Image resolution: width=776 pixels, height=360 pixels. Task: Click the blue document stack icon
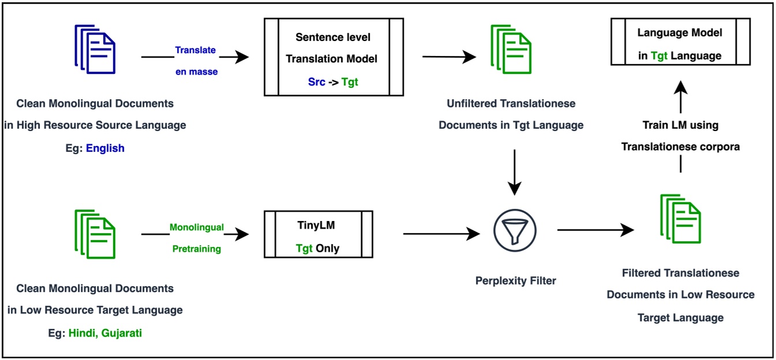click(95, 50)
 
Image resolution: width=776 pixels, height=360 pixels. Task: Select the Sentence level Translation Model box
click(333, 57)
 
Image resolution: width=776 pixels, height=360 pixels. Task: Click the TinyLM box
click(318, 234)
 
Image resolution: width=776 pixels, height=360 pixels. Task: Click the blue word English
click(105, 148)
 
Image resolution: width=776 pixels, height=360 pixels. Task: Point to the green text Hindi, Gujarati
click(105, 332)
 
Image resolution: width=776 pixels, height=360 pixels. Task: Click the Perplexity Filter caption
click(516, 281)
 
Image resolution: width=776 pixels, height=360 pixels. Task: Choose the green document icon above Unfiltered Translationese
click(511, 50)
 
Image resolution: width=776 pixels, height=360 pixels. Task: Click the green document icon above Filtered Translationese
click(680, 219)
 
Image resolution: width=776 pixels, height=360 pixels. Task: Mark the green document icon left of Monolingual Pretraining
click(95, 234)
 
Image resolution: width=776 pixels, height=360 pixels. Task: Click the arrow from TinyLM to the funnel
click(442, 233)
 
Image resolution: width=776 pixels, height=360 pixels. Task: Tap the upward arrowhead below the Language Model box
click(681, 88)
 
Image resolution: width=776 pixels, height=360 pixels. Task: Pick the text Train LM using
click(680, 125)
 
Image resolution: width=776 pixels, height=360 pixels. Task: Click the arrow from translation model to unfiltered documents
click(449, 57)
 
